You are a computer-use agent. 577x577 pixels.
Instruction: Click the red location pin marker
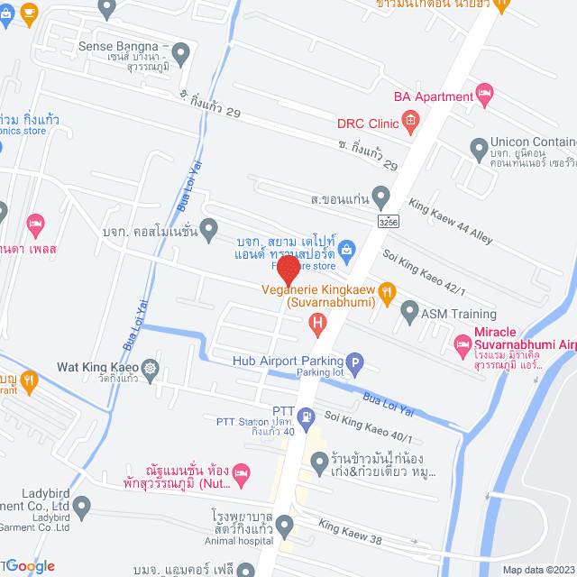click(288, 270)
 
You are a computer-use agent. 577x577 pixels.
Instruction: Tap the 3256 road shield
click(389, 220)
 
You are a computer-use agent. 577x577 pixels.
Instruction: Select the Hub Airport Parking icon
click(355, 365)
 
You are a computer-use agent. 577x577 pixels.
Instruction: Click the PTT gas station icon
click(307, 417)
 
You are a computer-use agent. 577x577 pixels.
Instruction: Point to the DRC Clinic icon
click(409, 119)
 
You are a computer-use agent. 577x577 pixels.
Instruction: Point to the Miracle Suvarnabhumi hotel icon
click(463, 343)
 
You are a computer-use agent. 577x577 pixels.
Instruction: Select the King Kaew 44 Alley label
click(451, 222)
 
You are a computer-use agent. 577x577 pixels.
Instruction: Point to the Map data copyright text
click(537, 569)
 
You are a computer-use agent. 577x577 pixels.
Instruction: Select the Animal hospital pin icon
click(285, 524)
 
